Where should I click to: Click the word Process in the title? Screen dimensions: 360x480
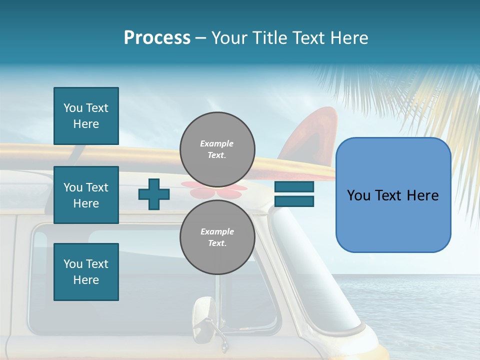(x=157, y=38)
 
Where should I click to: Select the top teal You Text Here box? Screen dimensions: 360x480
(x=86, y=116)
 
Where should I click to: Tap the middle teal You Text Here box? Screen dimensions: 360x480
(x=86, y=195)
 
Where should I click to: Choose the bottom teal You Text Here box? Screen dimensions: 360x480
(x=86, y=272)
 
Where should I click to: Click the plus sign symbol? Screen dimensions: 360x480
(x=154, y=194)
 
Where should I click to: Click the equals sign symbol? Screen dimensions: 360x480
(x=294, y=194)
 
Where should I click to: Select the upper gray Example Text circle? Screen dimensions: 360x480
(x=217, y=149)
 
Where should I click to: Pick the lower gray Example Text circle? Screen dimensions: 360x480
(x=217, y=237)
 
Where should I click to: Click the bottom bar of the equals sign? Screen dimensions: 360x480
(x=294, y=201)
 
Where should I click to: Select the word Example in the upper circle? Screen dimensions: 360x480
(x=217, y=143)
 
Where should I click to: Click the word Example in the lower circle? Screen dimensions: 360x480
(x=217, y=231)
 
